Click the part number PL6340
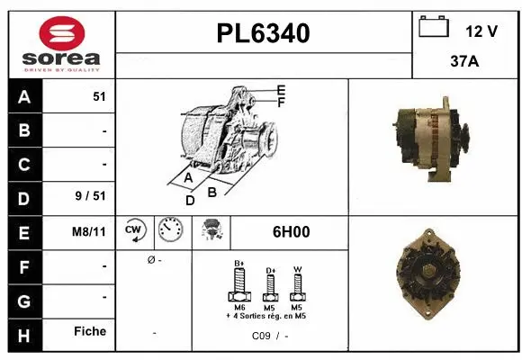pyautogui.click(x=264, y=33)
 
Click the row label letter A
pyautogui.click(x=23, y=97)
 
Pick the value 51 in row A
pyautogui.click(x=99, y=97)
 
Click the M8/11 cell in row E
pyautogui.click(x=89, y=231)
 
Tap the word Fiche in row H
pyautogui.click(x=90, y=331)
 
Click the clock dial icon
pyautogui.click(x=169, y=230)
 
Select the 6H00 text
pyautogui.click(x=291, y=231)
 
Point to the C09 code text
pyautogui.click(x=261, y=336)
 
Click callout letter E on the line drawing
pyautogui.click(x=281, y=90)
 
